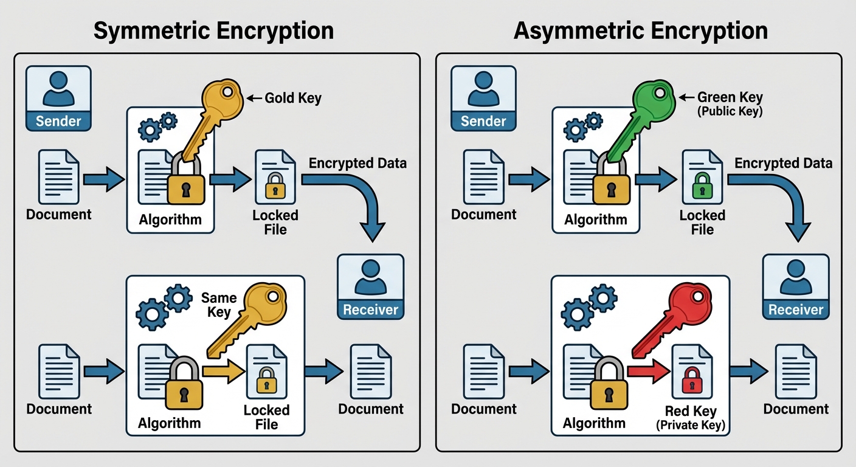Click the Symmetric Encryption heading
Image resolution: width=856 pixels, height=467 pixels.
pyautogui.click(x=213, y=30)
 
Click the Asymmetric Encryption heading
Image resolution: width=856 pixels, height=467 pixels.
pyautogui.click(x=641, y=30)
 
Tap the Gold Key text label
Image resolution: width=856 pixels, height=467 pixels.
pyautogui.click(x=292, y=97)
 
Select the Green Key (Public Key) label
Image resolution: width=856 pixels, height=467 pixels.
pyautogui.click(x=729, y=103)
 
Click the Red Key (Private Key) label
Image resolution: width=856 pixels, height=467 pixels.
pyautogui.click(x=691, y=417)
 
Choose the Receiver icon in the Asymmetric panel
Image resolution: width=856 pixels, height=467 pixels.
pyautogui.click(x=795, y=286)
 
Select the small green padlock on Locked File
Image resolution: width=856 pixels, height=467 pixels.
pyautogui.click(x=702, y=185)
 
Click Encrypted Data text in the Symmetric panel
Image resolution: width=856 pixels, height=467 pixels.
pyautogui.click(x=357, y=163)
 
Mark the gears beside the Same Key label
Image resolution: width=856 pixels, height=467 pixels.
pyautogui.click(x=162, y=307)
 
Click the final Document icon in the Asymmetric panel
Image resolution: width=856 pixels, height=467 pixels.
pyautogui.click(x=795, y=372)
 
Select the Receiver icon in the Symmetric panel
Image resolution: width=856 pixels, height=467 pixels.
pyautogui.click(x=370, y=286)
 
